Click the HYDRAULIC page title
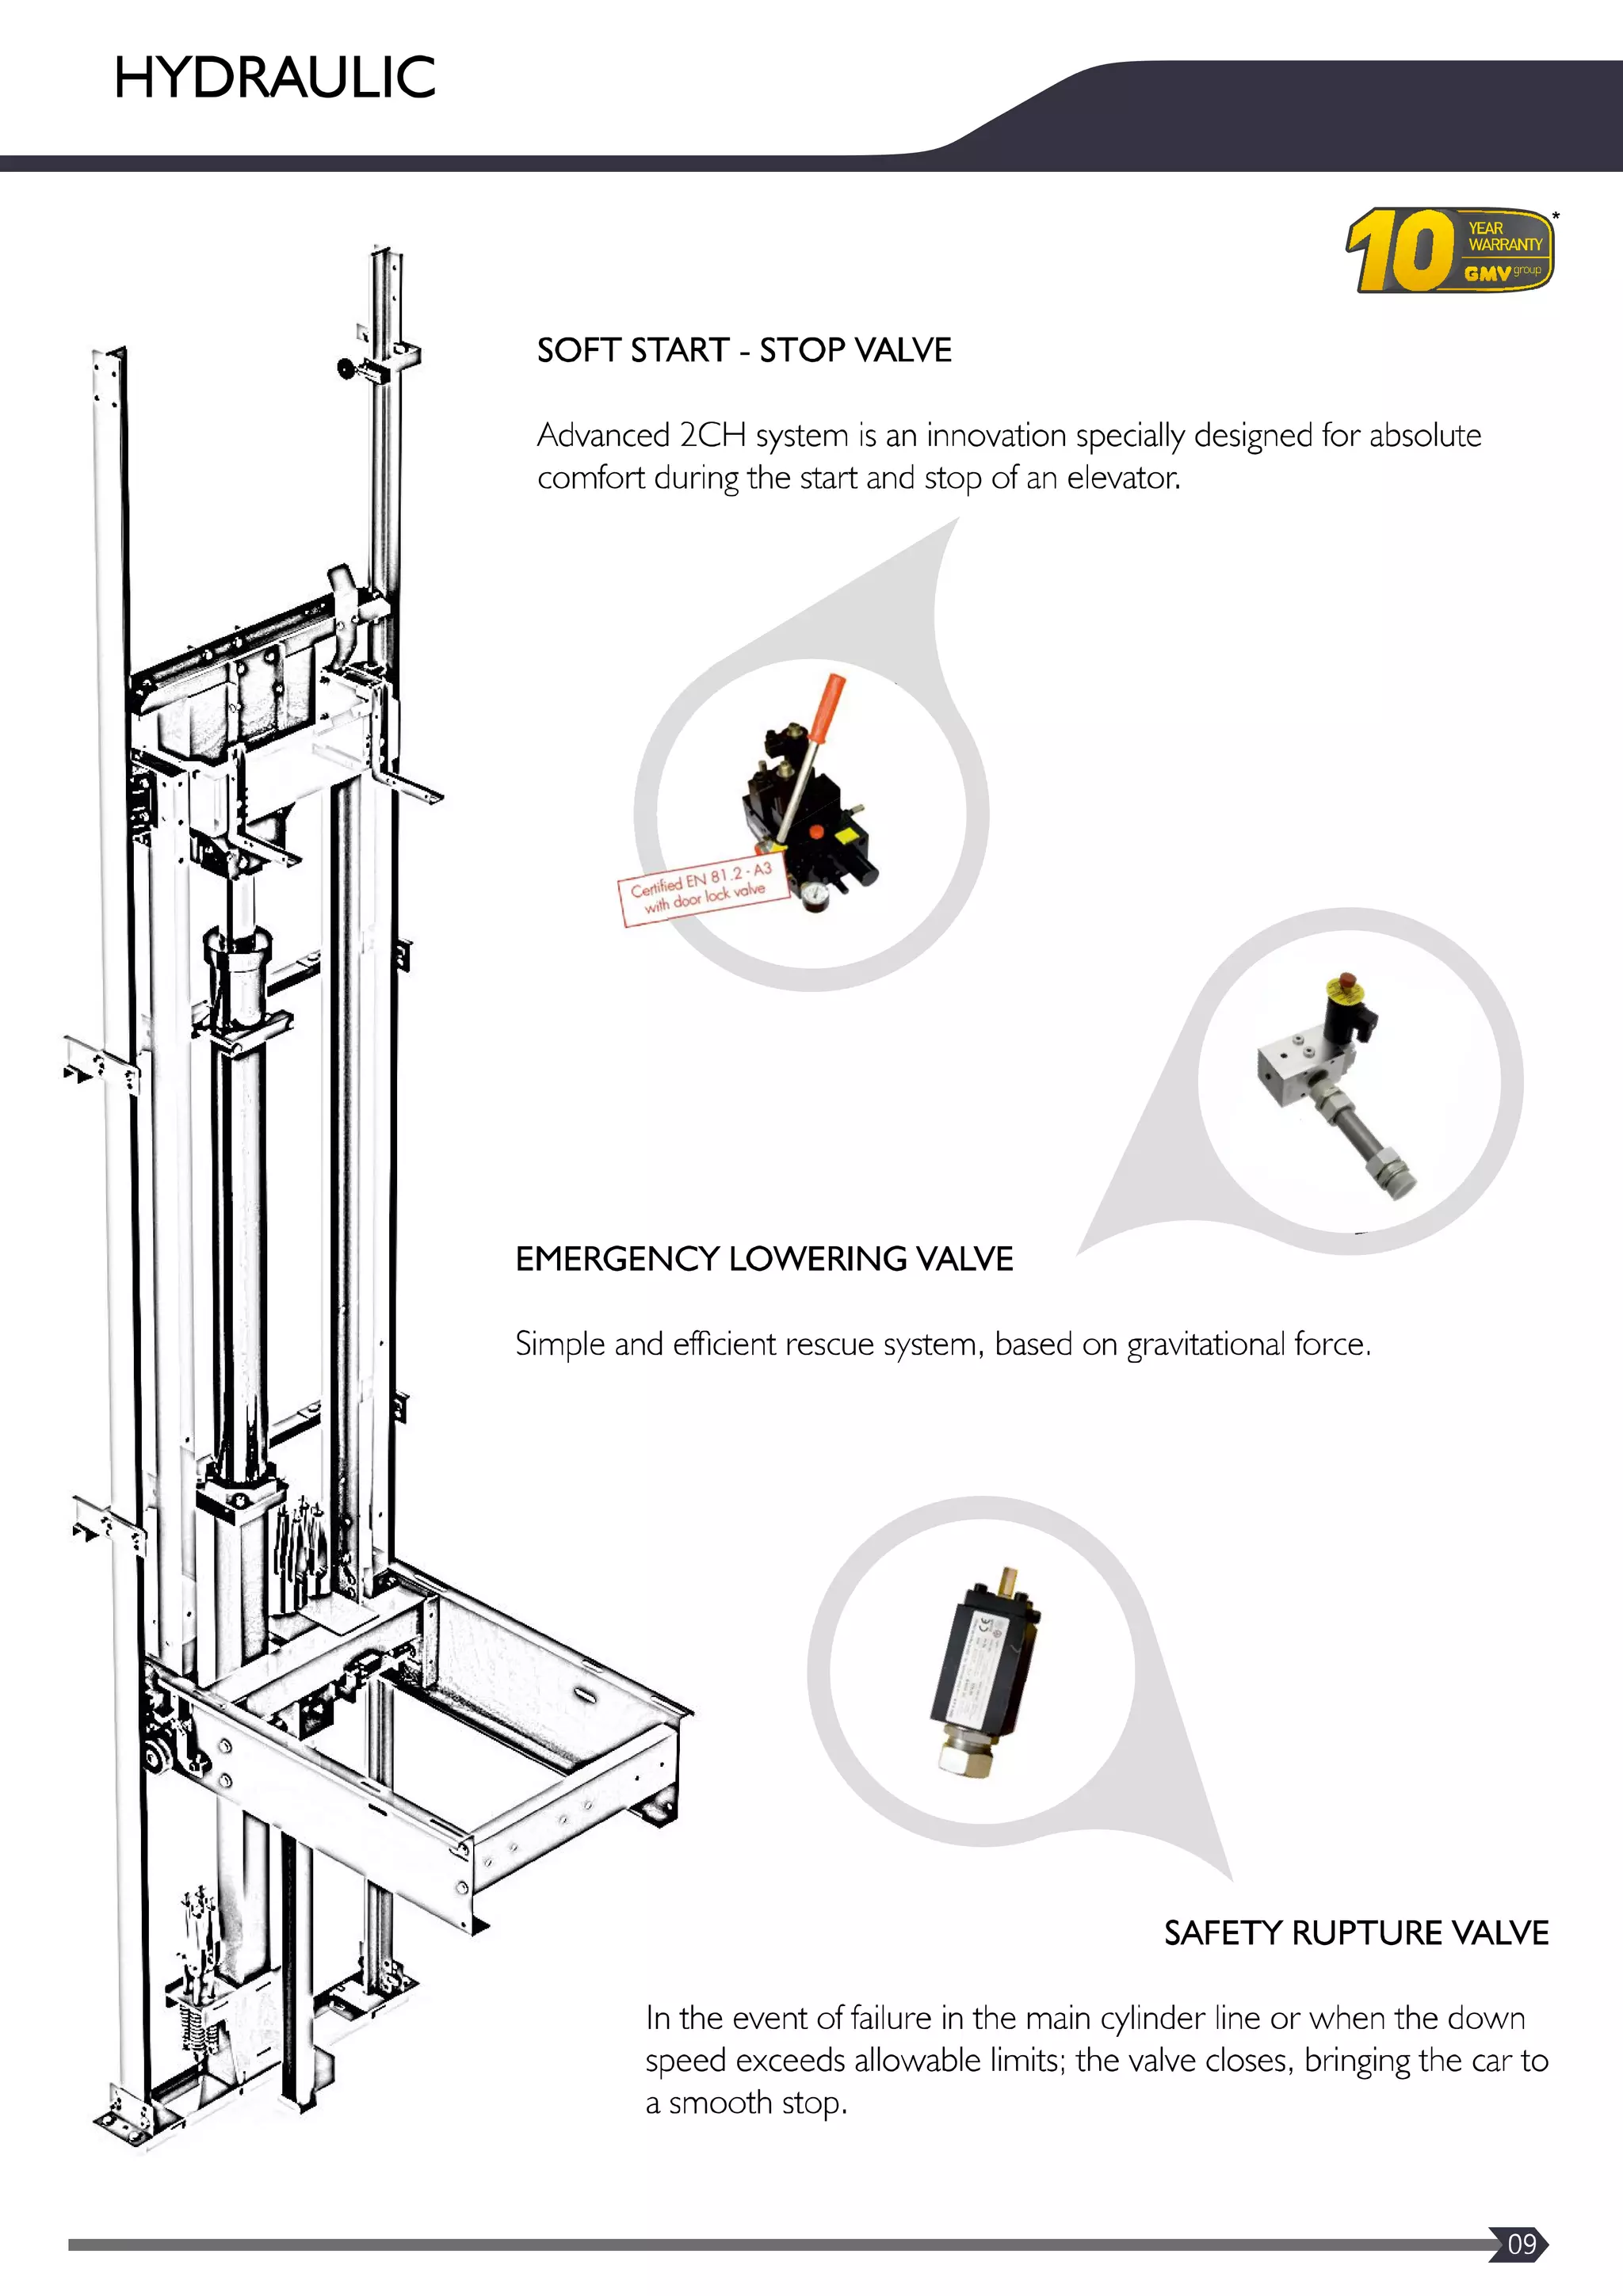pos(275,78)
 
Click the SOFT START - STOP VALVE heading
pos(744,350)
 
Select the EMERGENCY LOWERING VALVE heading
pos(764,1258)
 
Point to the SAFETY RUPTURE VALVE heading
pos(1356,1932)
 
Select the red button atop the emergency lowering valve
pos(1347,978)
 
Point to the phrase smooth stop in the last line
pos(757,2103)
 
